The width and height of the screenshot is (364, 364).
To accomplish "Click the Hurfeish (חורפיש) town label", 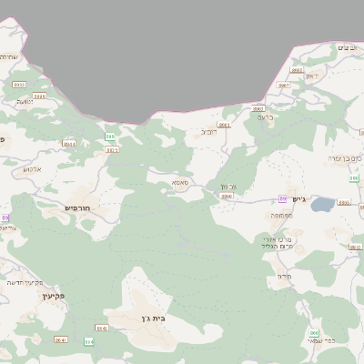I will [80, 207].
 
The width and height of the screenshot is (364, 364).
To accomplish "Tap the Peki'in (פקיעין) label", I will [55, 297].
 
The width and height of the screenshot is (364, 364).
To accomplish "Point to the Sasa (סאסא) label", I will [180, 183].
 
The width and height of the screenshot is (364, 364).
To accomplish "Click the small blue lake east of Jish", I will [322, 205].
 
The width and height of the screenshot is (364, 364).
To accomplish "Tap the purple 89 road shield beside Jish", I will [283, 198].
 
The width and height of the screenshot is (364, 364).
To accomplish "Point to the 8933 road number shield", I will [18, 84].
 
